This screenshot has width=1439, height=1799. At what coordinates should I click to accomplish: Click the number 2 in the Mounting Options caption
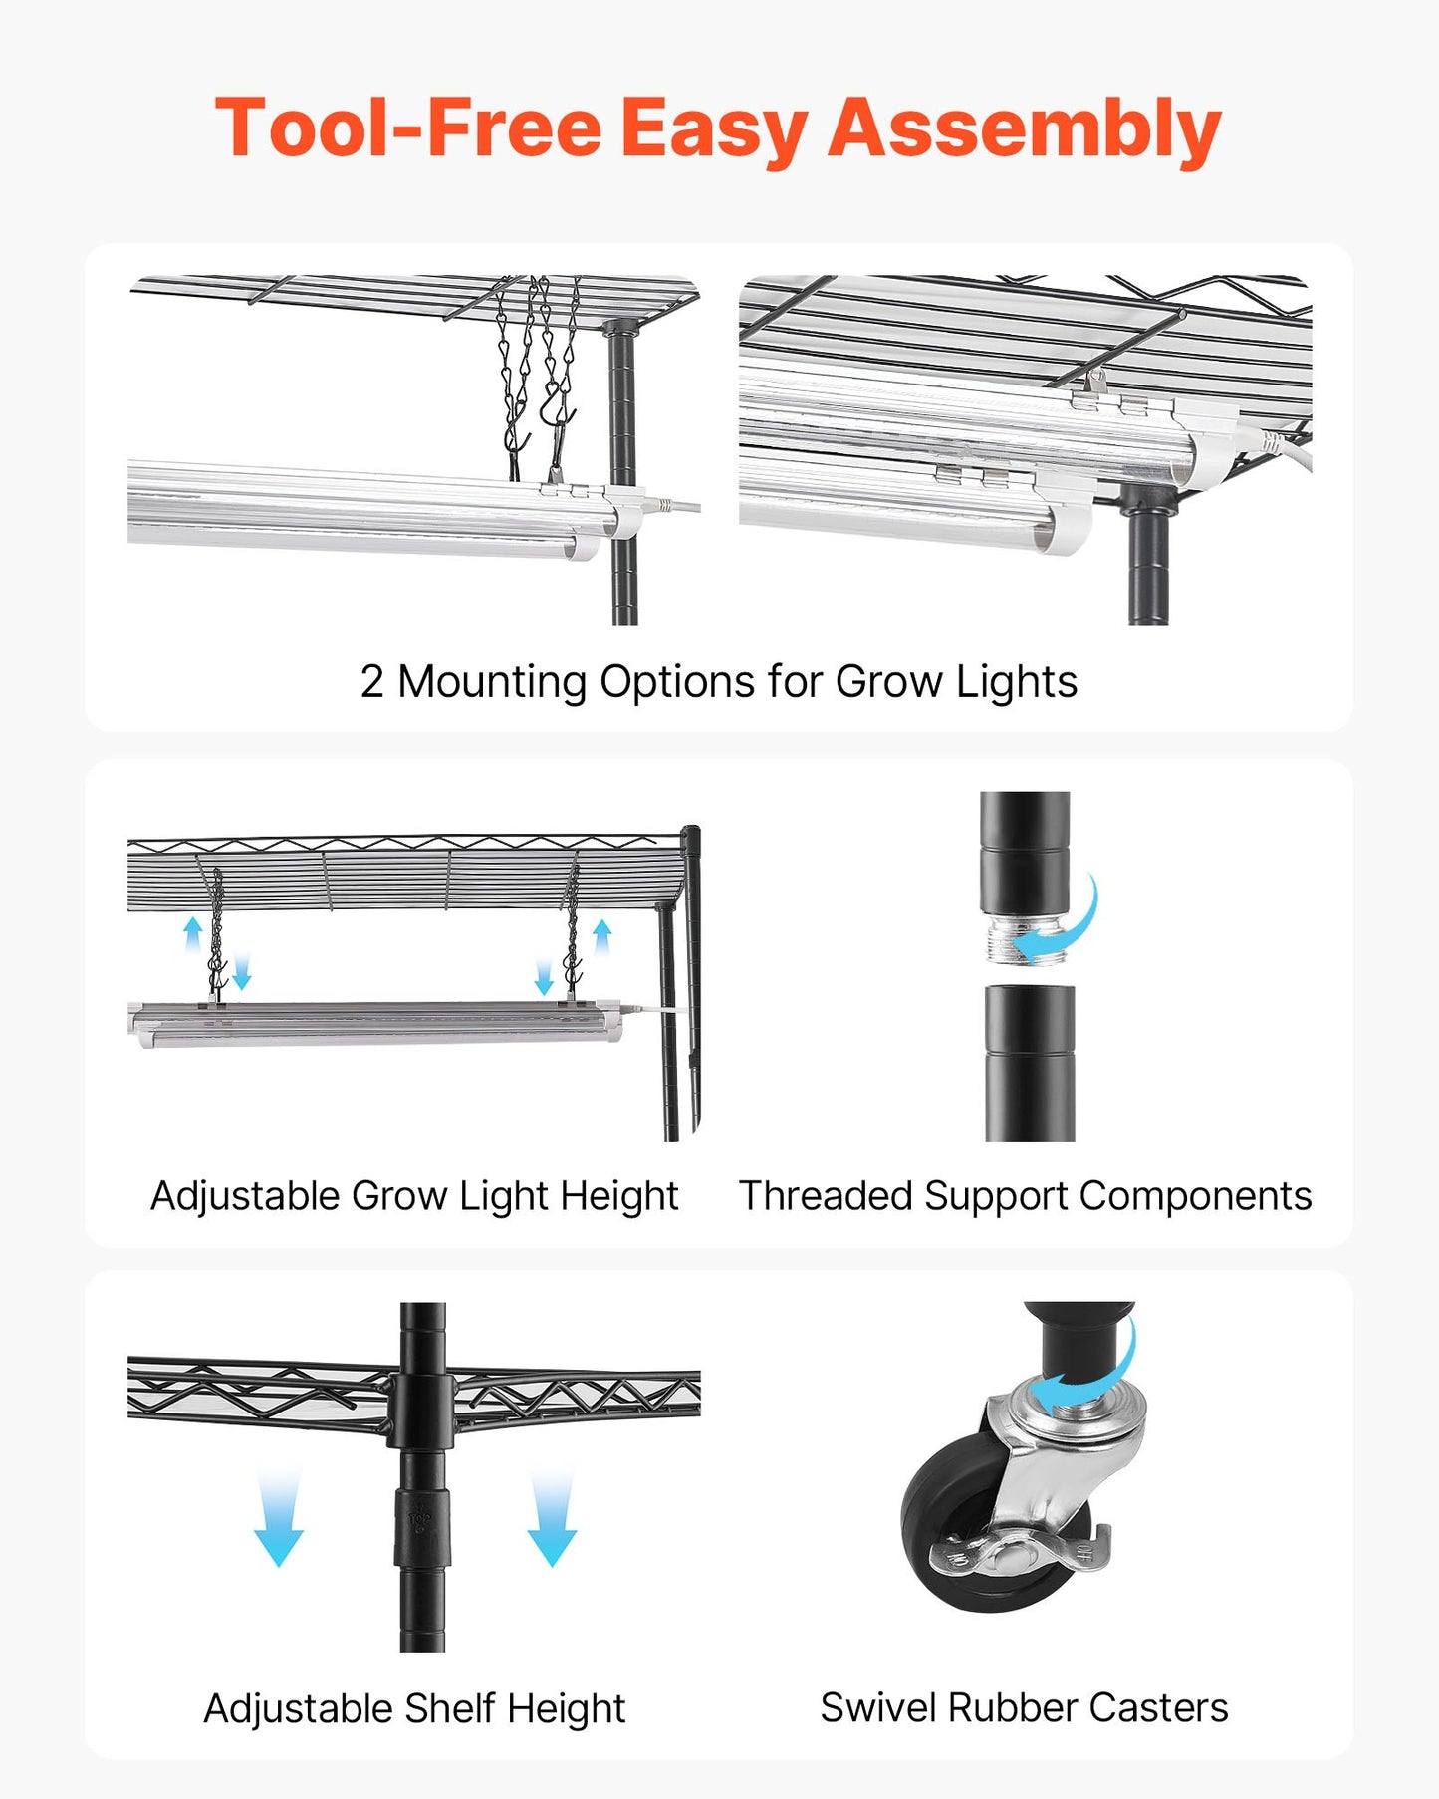[x=371, y=683]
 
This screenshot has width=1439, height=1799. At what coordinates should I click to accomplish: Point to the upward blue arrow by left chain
[x=193, y=934]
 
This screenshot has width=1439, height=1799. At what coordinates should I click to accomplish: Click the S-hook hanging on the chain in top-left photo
[x=553, y=403]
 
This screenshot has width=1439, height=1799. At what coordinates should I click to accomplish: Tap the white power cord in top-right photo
[x=1290, y=448]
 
